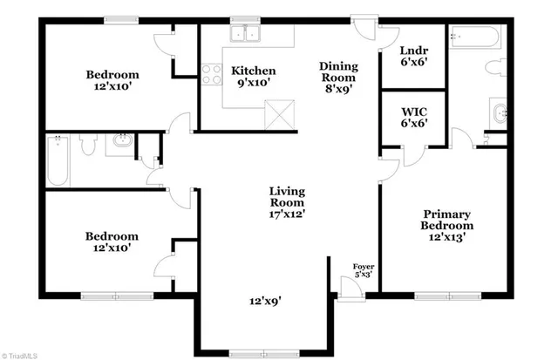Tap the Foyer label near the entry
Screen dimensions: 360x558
pyautogui.click(x=363, y=269)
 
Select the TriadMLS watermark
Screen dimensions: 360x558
pyautogui.click(x=22, y=354)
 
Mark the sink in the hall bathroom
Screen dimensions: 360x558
pyautogui.click(x=119, y=143)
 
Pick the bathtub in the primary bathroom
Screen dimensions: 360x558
pyautogui.click(x=475, y=38)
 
